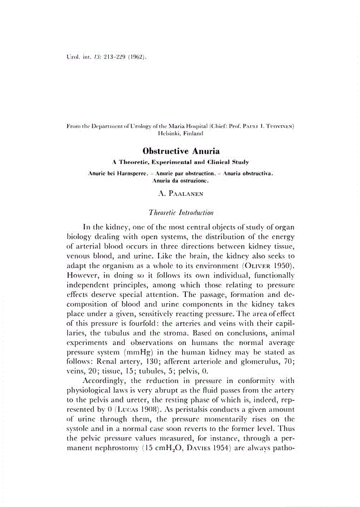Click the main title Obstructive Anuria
tap(181, 151)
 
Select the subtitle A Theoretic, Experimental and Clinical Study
tap(181, 162)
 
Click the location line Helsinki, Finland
tap(181, 135)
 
